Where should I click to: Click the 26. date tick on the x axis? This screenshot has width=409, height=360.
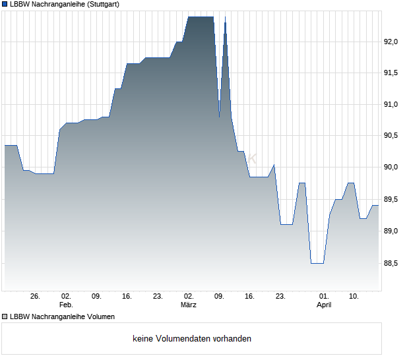click(x=35, y=297)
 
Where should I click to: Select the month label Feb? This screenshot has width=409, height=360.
click(x=65, y=305)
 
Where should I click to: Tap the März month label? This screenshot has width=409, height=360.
click(x=189, y=305)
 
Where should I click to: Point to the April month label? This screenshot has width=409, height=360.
click(x=324, y=305)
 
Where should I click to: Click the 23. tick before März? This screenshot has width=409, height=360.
click(x=158, y=297)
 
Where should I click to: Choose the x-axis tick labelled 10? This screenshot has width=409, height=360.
click(x=354, y=297)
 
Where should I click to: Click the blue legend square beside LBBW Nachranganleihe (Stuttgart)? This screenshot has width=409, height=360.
click(x=5, y=4)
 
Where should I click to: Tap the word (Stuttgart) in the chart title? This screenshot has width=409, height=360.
click(x=101, y=4)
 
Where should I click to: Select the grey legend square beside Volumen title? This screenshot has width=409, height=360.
click(x=5, y=316)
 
